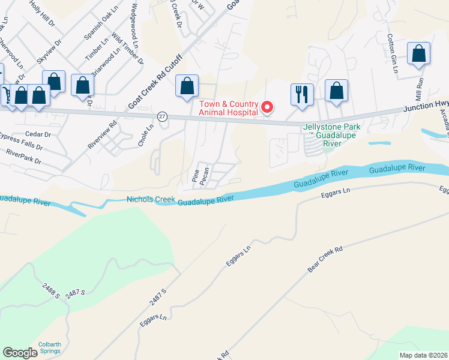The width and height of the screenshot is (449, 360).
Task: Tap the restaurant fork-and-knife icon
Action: pyautogui.click(x=302, y=94)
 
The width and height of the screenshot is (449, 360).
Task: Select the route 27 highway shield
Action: pyautogui.click(x=163, y=115)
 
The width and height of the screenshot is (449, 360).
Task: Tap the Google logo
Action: pyautogui.click(x=20, y=353)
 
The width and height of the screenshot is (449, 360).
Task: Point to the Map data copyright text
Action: pyautogui.click(x=422, y=355)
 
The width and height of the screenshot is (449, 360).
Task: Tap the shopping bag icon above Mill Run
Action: pyautogui.click(x=418, y=54)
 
